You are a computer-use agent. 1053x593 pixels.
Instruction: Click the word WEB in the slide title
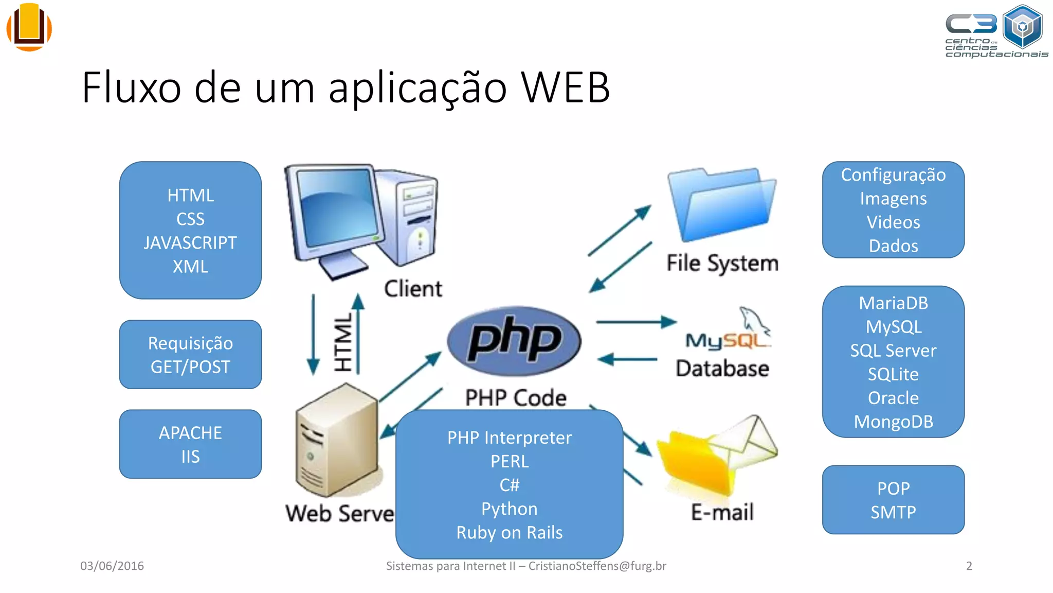[x=565, y=88]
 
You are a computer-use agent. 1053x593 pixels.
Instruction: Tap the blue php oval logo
[x=514, y=341]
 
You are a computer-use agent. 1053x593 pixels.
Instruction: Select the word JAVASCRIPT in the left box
[x=190, y=243]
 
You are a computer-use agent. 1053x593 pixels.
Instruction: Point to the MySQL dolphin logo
[x=755, y=320]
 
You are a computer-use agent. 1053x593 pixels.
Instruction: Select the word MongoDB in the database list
[x=893, y=422]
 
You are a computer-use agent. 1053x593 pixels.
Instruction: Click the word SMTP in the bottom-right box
[x=893, y=512]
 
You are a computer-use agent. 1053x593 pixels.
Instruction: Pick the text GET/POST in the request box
[x=190, y=367]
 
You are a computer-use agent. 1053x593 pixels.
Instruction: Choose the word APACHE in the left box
[x=190, y=433]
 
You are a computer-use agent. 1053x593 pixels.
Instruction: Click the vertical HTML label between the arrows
[x=343, y=342]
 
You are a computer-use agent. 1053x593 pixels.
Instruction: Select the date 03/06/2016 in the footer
[x=112, y=566]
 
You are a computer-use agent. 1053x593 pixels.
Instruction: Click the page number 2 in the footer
[x=969, y=566]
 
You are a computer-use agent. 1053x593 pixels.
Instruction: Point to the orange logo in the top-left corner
[x=29, y=27]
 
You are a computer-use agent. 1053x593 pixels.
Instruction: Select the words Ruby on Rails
[x=509, y=532]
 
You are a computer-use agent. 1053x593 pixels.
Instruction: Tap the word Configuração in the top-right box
[x=893, y=175]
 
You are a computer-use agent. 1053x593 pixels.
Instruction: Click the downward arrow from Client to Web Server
[x=313, y=335]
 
